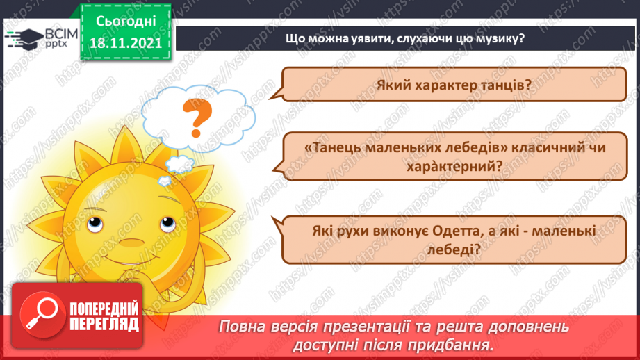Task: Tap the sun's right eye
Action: coord(165,224)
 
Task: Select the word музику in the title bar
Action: coord(500,38)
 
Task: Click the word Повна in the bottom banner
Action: coord(244,326)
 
